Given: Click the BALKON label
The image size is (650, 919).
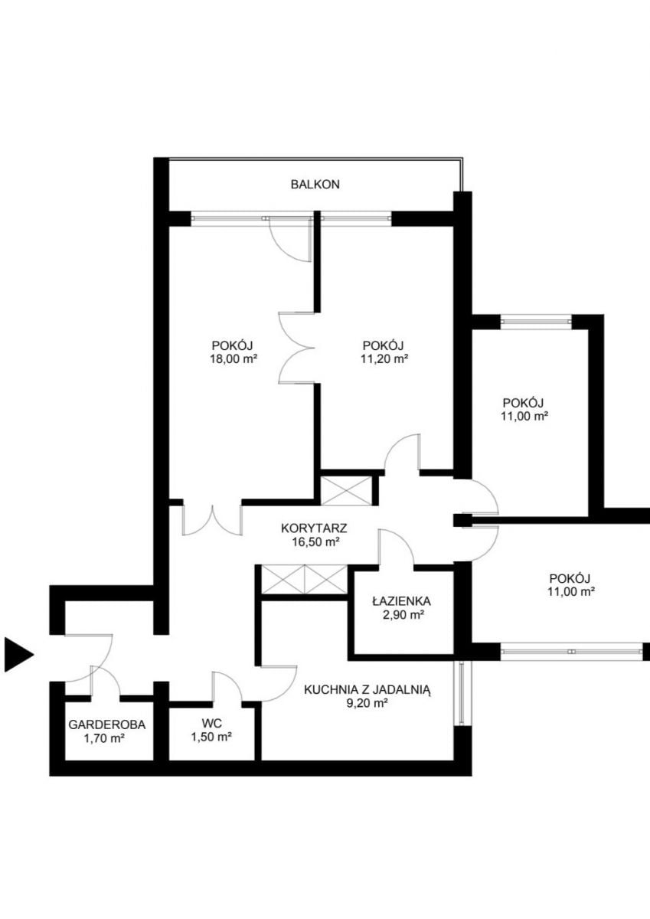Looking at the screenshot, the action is coord(315,185).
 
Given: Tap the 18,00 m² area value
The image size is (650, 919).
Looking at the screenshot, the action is coord(234,359).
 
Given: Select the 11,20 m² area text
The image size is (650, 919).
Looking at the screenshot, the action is coord(384,359).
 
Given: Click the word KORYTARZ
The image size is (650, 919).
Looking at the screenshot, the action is coord(314,528).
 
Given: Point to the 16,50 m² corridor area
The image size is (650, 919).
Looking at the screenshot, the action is coord(315,542).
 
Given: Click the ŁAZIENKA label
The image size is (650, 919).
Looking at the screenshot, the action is coord(401,601).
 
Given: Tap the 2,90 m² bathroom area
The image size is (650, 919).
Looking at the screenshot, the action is coord(403,616).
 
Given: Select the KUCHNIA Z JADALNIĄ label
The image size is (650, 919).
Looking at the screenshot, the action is coord(367,690).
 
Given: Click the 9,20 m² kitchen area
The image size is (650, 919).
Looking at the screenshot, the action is coord(367,704).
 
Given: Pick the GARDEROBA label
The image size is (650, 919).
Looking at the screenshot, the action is coord(106,725).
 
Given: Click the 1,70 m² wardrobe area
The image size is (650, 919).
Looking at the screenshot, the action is coord(104,739).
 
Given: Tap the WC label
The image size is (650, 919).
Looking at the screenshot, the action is coord(211,723).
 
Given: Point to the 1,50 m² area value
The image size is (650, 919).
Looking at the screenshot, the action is coord(211,737).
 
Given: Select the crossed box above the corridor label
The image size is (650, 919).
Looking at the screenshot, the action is coord(346,490).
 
